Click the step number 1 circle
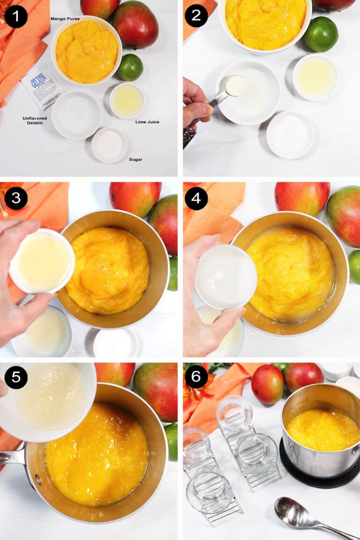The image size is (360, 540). point(16,16)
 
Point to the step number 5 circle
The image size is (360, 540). point(16,377)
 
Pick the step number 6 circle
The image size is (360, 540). point(196,377)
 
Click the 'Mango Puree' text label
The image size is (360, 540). point(65,19)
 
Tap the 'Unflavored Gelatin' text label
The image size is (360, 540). point(35,120)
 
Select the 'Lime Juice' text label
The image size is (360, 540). point(147,122)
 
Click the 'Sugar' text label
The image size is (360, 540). point(135,159)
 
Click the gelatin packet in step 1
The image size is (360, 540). point(42,86)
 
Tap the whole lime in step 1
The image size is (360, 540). point(130,67)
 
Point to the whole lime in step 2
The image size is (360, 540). point(321,34)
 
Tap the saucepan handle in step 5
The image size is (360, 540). point(12,457)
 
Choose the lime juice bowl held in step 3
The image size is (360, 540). point(42,260)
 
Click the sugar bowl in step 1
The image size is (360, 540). point(109,145)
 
